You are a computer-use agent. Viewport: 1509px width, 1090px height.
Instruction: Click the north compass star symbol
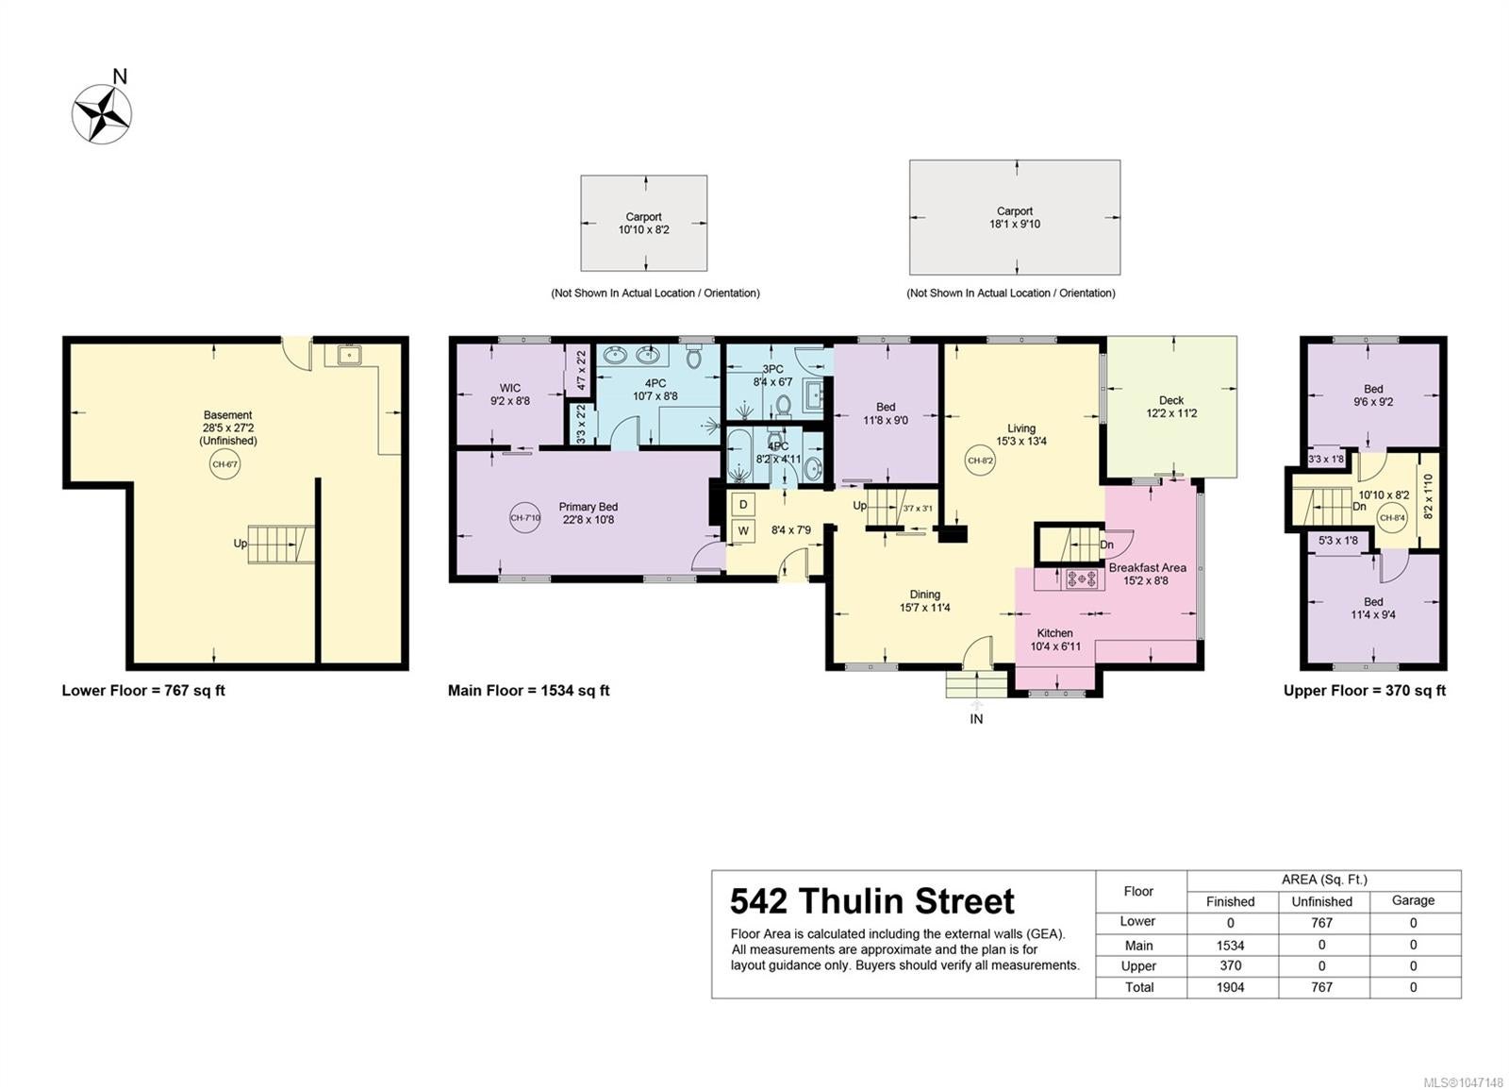point(103,113)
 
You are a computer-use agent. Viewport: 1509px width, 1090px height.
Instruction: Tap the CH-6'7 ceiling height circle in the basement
point(225,464)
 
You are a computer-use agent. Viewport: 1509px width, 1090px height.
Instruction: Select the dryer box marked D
point(743,504)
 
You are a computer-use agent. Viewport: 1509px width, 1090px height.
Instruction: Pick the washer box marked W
point(743,531)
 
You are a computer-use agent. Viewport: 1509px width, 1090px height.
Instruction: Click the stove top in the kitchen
point(1081,578)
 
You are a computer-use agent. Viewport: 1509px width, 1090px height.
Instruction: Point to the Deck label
point(1171,400)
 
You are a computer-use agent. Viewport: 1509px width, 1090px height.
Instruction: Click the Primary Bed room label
point(589,507)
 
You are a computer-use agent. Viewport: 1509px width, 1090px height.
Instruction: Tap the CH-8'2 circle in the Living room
point(980,461)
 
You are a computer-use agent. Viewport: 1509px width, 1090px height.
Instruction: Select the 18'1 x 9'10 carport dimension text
point(1015,225)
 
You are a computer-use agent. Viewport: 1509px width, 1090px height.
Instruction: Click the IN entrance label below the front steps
point(976,719)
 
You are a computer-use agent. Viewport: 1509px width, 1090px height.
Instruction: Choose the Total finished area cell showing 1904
point(1230,987)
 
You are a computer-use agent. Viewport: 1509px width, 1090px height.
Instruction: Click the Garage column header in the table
point(1413,900)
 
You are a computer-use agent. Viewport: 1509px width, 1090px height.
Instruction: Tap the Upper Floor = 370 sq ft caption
point(1364,690)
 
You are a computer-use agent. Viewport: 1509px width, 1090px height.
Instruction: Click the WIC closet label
point(510,388)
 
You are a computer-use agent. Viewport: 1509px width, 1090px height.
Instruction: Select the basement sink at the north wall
point(350,355)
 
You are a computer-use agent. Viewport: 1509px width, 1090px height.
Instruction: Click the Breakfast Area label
point(1147,567)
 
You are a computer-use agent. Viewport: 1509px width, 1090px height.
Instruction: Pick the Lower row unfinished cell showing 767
point(1321,923)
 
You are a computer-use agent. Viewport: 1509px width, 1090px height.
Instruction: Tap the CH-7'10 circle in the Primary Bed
point(524,518)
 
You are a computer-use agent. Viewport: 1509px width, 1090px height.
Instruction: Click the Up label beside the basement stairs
point(240,544)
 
